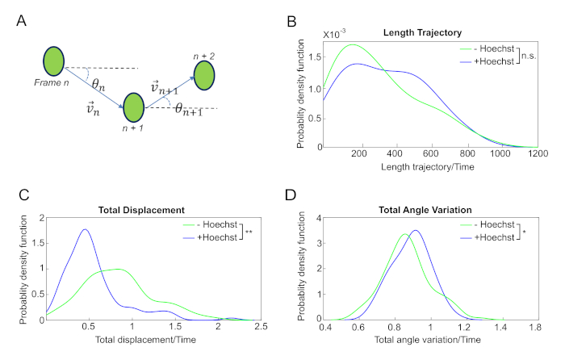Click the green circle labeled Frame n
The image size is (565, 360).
(54, 61)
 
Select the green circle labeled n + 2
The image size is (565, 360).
(203, 77)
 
